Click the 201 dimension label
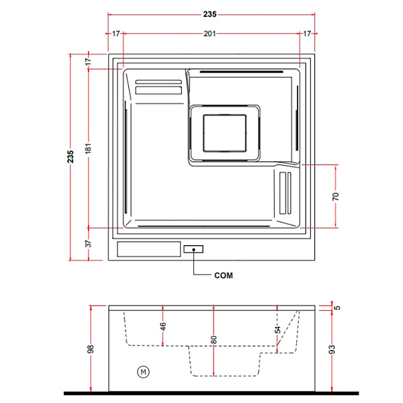(210, 34)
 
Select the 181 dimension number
(88, 148)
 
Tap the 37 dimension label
(88, 243)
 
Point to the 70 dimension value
(335, 196)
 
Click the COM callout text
(224, 275)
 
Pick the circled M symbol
(143, 371)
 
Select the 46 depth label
(163, 326)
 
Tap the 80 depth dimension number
(214, 339)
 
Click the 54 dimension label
(277, 330)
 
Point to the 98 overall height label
(91, 349)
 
